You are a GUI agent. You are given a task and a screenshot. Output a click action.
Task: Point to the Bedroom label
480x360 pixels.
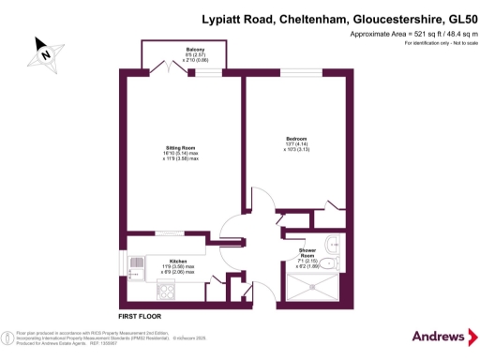[x=297, y=139]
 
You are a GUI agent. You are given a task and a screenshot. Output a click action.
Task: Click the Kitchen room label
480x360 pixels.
[x=178, y=261]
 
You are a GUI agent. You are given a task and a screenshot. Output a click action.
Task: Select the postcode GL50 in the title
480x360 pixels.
[x=450, y=18]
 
